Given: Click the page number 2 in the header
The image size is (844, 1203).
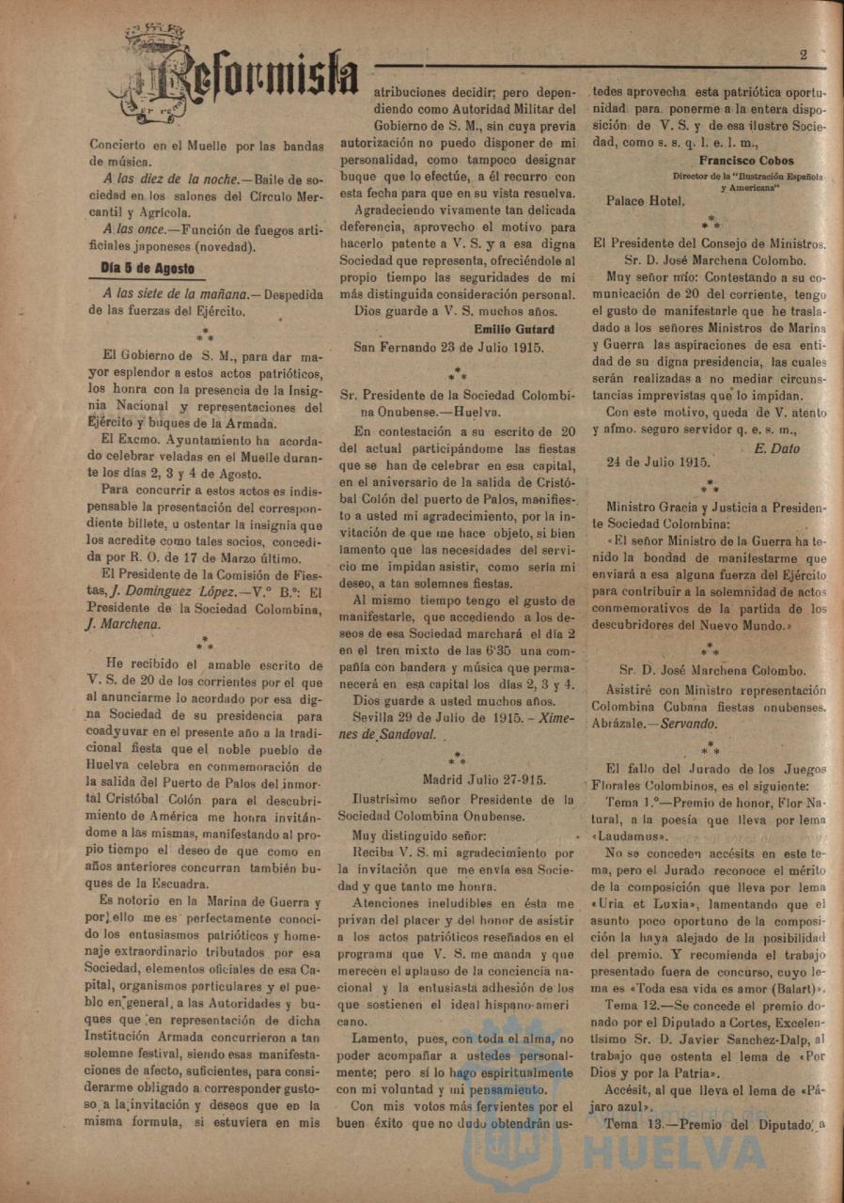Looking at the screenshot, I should (x=804, y=55).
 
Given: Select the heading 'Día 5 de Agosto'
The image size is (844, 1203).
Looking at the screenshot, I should (x=148, y=268).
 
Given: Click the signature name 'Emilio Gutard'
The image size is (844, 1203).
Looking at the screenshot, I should (x=513, y=328).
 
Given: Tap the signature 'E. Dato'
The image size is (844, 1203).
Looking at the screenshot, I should (x=777, y=448).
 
